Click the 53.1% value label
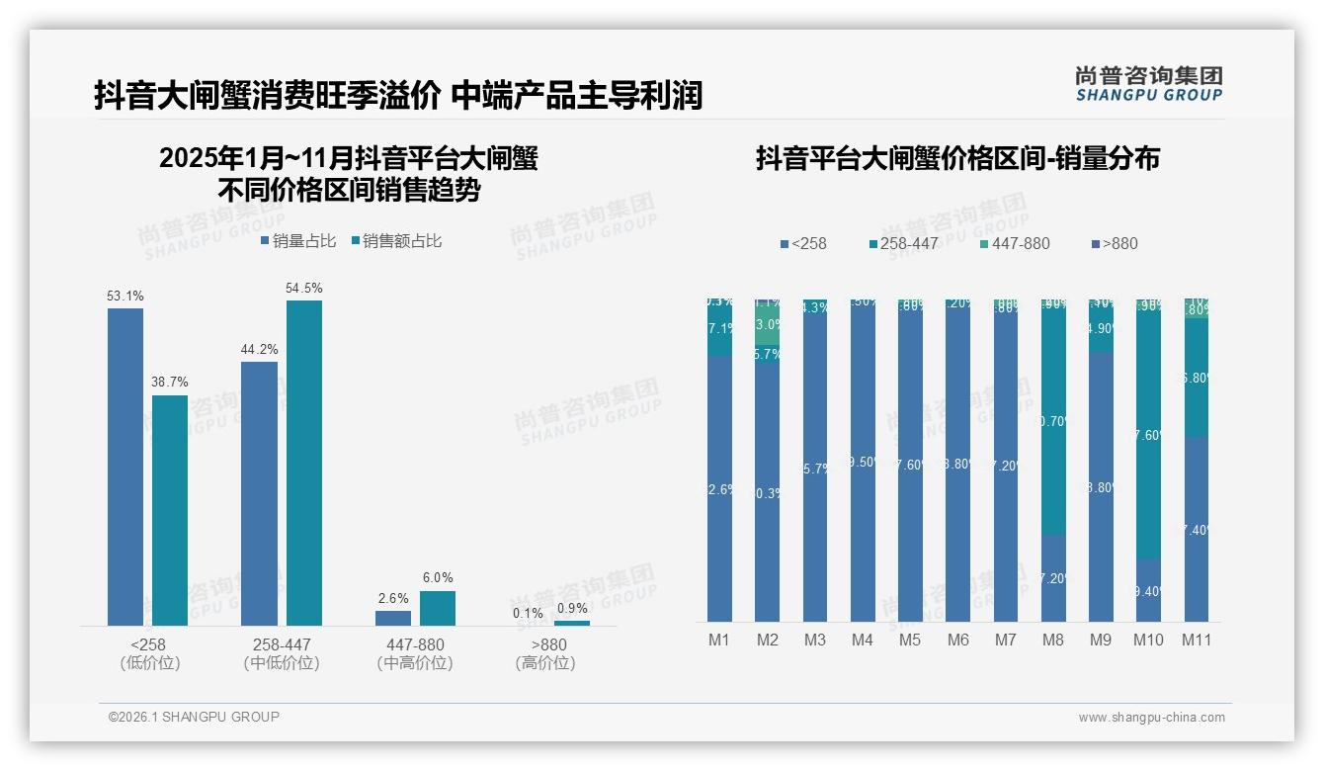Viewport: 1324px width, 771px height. coord(125,296)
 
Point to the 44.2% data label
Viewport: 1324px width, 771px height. coord(259,349)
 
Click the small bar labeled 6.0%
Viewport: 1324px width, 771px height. coord(437,608)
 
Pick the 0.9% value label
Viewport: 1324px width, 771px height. coord(571,608)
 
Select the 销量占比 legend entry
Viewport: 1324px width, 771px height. coord(298,241)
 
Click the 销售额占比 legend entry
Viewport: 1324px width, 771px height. coord(395,241)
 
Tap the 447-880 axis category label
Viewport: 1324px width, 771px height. coord(415,644)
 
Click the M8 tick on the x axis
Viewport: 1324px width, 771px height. coord(1052,640)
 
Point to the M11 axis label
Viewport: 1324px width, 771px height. coord(1197,640)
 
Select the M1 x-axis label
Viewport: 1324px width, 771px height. coord(718,640)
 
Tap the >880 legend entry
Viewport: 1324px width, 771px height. coord(1115,243)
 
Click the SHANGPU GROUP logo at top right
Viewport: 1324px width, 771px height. coord(1148,83)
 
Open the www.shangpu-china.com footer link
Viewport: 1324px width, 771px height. coord(1151,718)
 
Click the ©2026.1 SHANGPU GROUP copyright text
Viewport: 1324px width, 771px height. coord(194,717)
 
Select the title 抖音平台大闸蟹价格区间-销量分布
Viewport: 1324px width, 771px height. coord(957,158)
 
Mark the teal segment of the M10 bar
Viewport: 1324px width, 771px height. coord(1148,435)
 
